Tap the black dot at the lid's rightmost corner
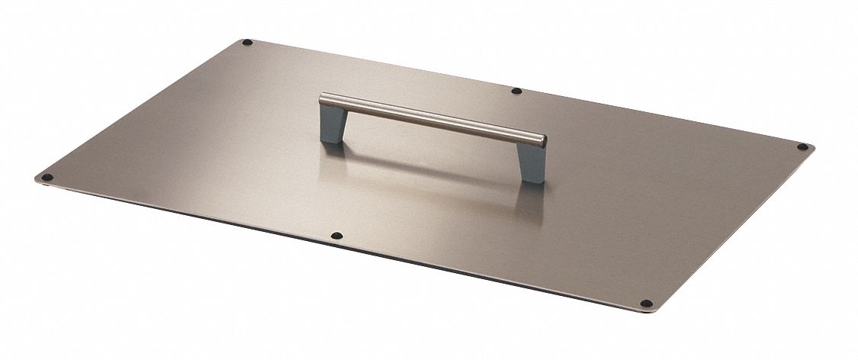(802, 146)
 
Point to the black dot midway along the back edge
(516, 91)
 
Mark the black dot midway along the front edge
(338, 236)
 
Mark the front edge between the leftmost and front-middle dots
(191, 210)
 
